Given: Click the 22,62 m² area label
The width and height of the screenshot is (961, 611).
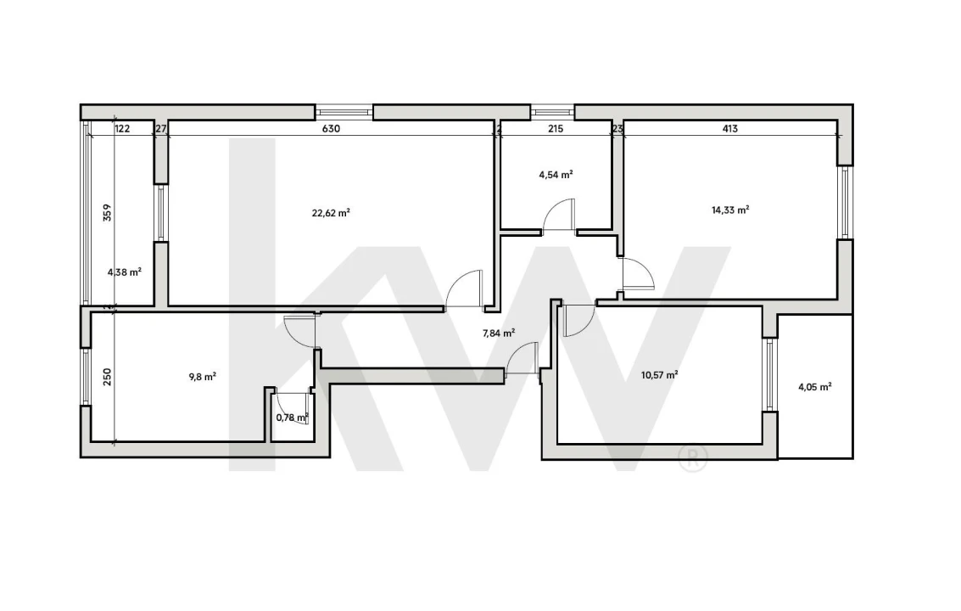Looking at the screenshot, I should pos(331,214).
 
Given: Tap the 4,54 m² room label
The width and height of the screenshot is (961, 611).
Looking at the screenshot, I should pos(556,175).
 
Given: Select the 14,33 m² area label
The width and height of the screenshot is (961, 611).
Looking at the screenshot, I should pos(729,210).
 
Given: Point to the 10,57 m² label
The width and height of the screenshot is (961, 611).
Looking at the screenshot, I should pos(659,374).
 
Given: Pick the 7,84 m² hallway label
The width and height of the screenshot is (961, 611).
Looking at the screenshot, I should pos(499,334).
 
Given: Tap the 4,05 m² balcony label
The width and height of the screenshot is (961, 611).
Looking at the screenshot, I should pos(814,386).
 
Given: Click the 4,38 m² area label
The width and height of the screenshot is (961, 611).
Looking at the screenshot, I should pos(124,272).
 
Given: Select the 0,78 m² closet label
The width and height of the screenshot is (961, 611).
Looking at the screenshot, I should pos(292,417).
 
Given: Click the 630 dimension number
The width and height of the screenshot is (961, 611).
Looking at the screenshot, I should pos(331,129).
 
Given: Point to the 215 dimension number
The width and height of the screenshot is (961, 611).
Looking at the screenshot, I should pos(556,129).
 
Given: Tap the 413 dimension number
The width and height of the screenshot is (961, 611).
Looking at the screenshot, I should pos(729,129).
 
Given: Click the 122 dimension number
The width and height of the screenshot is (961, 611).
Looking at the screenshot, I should pos(122,129).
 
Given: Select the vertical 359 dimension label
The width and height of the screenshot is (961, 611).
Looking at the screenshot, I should pos(107,212).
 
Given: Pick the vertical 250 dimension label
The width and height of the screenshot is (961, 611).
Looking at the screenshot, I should pos(107,377).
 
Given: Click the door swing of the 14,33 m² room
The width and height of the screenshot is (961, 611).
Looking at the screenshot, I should pos(637,274).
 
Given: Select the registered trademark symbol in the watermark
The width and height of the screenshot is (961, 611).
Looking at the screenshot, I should pos(692,459).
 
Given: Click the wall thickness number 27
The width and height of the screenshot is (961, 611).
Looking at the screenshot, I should pos(161,129).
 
